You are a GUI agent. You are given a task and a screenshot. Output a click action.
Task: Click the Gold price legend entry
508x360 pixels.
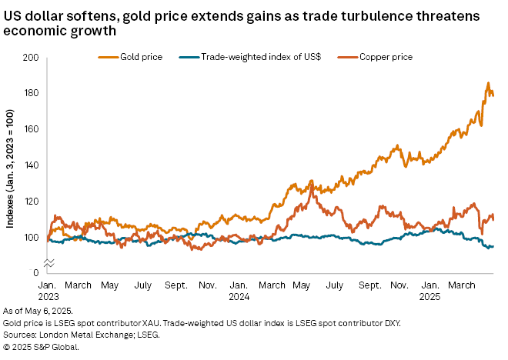[x=132, y=57]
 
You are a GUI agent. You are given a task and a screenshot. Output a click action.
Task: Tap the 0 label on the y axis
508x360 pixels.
[x=35, y=273]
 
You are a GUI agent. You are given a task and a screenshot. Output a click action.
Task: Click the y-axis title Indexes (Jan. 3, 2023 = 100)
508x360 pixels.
[x=10, y=166]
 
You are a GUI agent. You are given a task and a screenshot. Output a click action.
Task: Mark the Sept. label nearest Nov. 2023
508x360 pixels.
[x=177, y=285]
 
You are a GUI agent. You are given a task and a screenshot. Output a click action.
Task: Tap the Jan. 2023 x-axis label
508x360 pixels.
[x=48, y=291]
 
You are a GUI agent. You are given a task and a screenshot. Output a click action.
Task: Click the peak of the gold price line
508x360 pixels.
[x=487, y=82]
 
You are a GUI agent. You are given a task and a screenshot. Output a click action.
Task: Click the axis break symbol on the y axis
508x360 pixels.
[x=48, y=263]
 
